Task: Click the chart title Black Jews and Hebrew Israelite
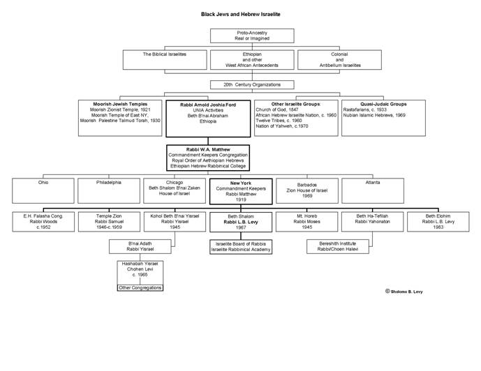click(240, 14)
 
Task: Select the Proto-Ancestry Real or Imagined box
click(252, 36)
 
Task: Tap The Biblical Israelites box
click(165, 60)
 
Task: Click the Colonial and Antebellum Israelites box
click(339, 60)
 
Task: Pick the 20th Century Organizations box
click(252, 84)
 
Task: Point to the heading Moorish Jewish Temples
click(120, 104)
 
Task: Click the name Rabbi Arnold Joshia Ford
click(208, 105)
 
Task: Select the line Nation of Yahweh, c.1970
click(282, 126)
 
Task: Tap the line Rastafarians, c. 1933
click(365, 109)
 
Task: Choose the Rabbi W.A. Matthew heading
click(208, 149)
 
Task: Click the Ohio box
click(43, 190)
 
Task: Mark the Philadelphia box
click(109, 190)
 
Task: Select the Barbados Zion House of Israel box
click(307, 190)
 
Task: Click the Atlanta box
click(373, 190)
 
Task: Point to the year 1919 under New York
click(241, 199)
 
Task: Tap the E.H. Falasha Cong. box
click(43, 222)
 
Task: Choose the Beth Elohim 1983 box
click(438, 222)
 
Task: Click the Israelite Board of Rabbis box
click(241, 247)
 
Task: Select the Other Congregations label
click(140, 288)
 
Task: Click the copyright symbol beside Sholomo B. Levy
click(387, 291)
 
